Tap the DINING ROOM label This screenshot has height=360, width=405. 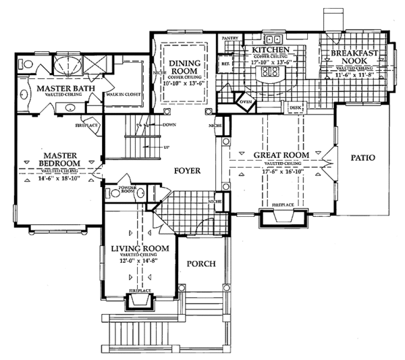[x=184, y=68]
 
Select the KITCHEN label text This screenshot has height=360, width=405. [x=271, y=51]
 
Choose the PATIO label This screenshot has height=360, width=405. [x=362, y=157]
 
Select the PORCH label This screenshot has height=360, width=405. [x=201, y=264]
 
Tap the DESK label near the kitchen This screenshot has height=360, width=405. [x=294, y=107]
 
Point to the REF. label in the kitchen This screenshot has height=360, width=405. [x=226, y=64]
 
